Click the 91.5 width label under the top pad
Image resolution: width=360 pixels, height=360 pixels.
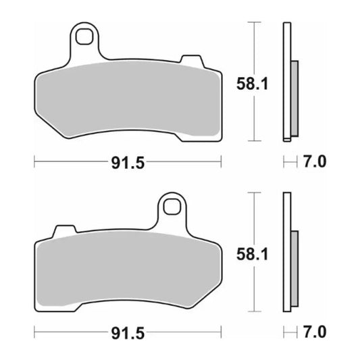pyautogui.click(x=128, y=162)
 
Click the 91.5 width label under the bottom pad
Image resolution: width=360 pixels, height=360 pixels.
pyautogui.click(x=128, y=332)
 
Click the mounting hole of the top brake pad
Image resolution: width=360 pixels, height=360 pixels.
pyautogui.click(x=84, y=36)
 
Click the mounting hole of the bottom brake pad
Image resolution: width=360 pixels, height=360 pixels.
pyautogui.click(x=172, y=207)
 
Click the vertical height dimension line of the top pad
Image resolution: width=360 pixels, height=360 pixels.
pyautogui.click(x=253, y=81)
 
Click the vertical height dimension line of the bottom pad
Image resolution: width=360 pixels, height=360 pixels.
pyautogui.click(x=253, y=251)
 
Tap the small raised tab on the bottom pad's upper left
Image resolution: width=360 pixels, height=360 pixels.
pyautogui.click(x=64, y=232)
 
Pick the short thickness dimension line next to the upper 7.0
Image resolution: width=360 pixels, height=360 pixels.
pyautogui.click(x=289, y=162)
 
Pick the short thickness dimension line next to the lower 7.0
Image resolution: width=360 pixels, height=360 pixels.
pyautogui.click(x=289, y=332)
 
